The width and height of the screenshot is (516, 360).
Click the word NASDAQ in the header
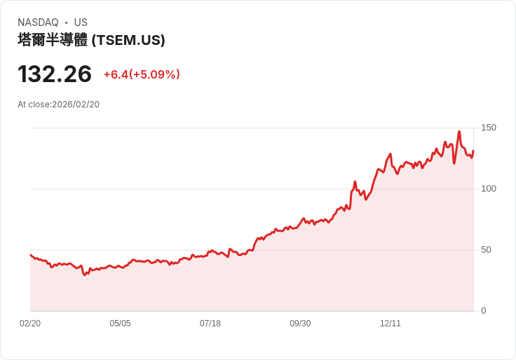[x=38, y=22]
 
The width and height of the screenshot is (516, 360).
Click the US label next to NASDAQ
[x=81, y=22]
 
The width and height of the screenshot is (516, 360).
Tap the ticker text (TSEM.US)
[x=128, y=40]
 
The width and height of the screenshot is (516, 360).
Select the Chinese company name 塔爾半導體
[x=53, y=40]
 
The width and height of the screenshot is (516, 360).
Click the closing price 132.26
[x=55, y=74]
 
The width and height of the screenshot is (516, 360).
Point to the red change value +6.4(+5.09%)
[x=142, y=74]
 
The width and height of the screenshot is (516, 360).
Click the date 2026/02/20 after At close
[x=76, y=105]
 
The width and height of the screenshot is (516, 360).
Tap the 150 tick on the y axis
[x=489, y=128]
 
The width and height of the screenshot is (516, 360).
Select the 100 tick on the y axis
[x=489, y=189]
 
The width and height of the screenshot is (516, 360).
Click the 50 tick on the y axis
[x=487, y=250]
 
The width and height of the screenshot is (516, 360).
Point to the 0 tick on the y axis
[x=484, y=311]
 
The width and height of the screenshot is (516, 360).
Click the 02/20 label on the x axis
[x=30, y=324]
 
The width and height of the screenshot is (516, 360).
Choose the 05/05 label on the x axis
[x=120, y=324]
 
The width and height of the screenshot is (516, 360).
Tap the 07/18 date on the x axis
[x=210, y=324]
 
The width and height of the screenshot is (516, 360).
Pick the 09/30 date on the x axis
[x=300, y=324]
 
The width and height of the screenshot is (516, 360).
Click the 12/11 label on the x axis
[x=391, y=324]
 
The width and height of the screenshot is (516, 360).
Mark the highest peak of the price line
[x=459, y=131]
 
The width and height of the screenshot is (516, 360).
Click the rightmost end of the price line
[x=473, y=150]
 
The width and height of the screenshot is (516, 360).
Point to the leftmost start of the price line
[x=31, y=255]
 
